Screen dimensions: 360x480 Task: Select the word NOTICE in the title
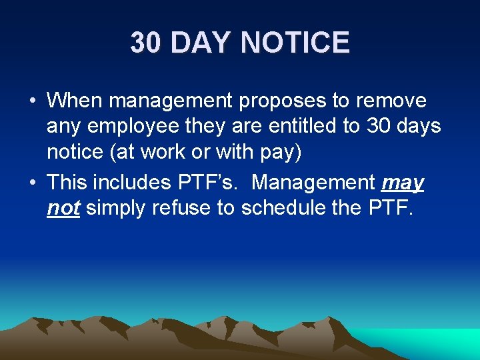tap(295, 43)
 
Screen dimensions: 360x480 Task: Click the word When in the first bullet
tap(75, 101)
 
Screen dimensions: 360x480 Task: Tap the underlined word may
tap(403, 183)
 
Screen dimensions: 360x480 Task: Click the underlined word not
tap(63, 209)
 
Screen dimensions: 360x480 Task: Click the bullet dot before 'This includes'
tap(32, 183)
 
